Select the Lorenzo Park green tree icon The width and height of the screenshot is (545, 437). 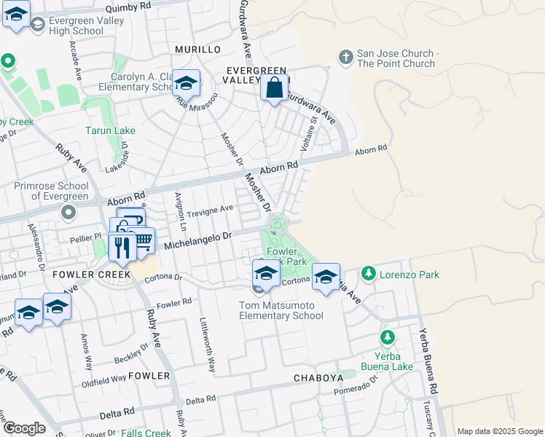tap(369, 274)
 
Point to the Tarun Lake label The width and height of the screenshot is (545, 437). tap(111, 131)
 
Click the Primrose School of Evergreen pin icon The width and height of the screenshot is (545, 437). tap(68, 213)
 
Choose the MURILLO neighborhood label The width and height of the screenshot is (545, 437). tap(197, 50)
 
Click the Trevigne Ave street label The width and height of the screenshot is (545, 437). tap(210, 210)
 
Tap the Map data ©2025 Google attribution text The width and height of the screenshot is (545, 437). tap(500, 431)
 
